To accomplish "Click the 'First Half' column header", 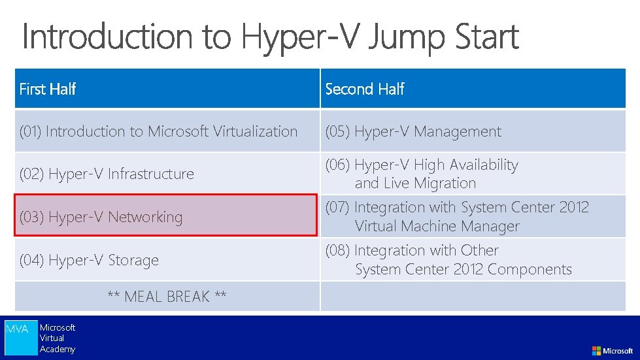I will [48, 89].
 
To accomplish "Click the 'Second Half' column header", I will [365, 89].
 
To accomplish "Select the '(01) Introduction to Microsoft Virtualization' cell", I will [159, 131].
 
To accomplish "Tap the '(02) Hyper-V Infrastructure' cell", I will [107, 174].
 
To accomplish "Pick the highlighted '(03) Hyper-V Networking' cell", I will [101, 217].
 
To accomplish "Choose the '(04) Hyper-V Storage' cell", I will [89, 260].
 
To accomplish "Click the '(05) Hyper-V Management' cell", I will [413, 131].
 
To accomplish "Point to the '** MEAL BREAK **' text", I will [167, 297].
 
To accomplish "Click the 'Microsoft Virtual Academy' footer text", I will [58, 338].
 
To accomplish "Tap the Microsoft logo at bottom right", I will [613, 351].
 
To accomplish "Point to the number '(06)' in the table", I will [337, 165].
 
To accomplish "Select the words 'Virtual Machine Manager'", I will [437, 227].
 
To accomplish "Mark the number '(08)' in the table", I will [337, 251].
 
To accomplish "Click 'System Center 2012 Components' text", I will [463, 269].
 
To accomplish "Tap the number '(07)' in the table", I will [337, 208].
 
